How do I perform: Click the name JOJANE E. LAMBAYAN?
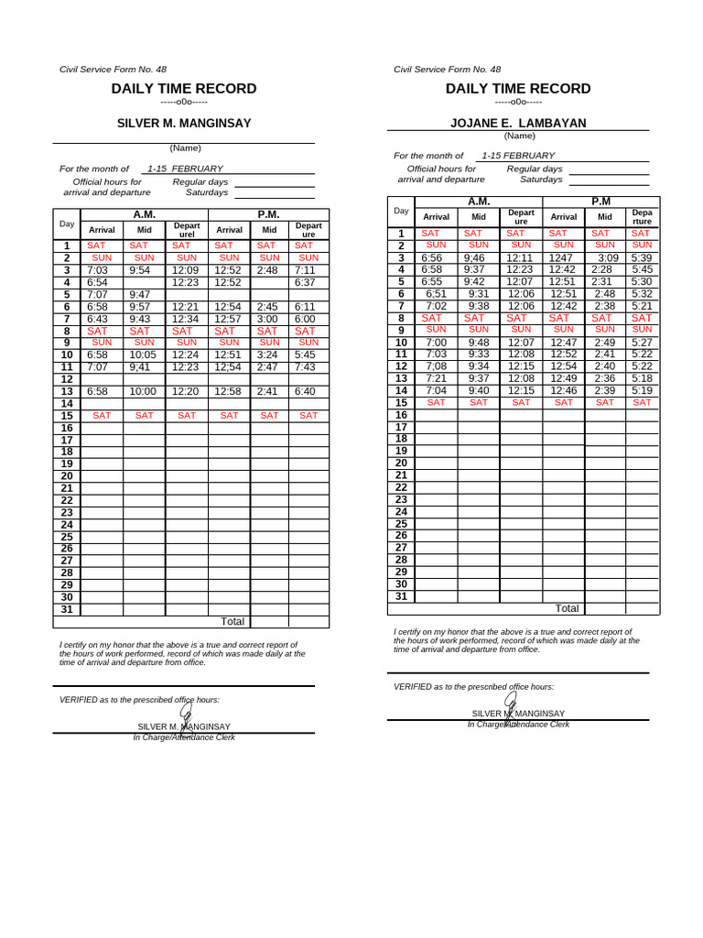518,123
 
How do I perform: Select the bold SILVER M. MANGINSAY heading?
184,123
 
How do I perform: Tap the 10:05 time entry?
143,354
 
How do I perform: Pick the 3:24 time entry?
268,354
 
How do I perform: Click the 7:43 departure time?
306,366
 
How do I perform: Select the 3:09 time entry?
608,258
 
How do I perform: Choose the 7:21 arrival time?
436,378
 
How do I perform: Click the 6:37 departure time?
306,283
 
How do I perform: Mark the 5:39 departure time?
642,258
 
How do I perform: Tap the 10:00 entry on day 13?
142,391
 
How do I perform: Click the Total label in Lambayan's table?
567,608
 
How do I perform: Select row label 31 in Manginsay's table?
66,609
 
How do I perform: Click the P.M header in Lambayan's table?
600,202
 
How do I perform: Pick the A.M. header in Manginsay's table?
145,213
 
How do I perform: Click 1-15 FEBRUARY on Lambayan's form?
518,156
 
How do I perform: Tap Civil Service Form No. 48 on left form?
113,70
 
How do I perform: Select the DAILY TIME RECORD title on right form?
518,89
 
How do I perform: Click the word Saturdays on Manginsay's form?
207,192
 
